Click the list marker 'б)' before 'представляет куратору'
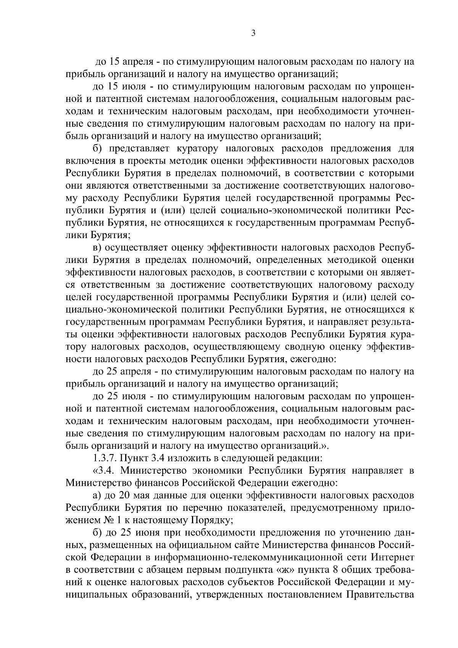pyautogui.click(x=98, y=148)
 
